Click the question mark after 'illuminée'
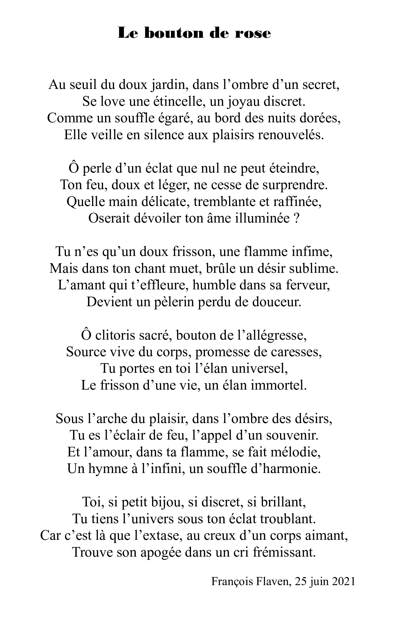click(297, 218)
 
